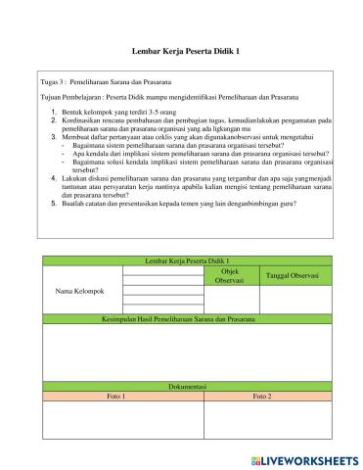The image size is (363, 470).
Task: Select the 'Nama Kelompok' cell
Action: tap(79, 292)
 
